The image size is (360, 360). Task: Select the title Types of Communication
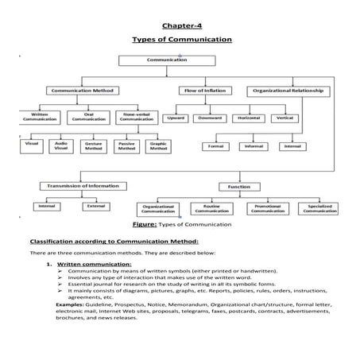point(182,39)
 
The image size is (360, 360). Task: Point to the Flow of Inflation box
point(203,91)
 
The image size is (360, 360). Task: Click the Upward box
point(176,118)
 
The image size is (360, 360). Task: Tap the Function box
point(238,186)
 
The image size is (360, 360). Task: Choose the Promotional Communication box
point(270,208)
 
